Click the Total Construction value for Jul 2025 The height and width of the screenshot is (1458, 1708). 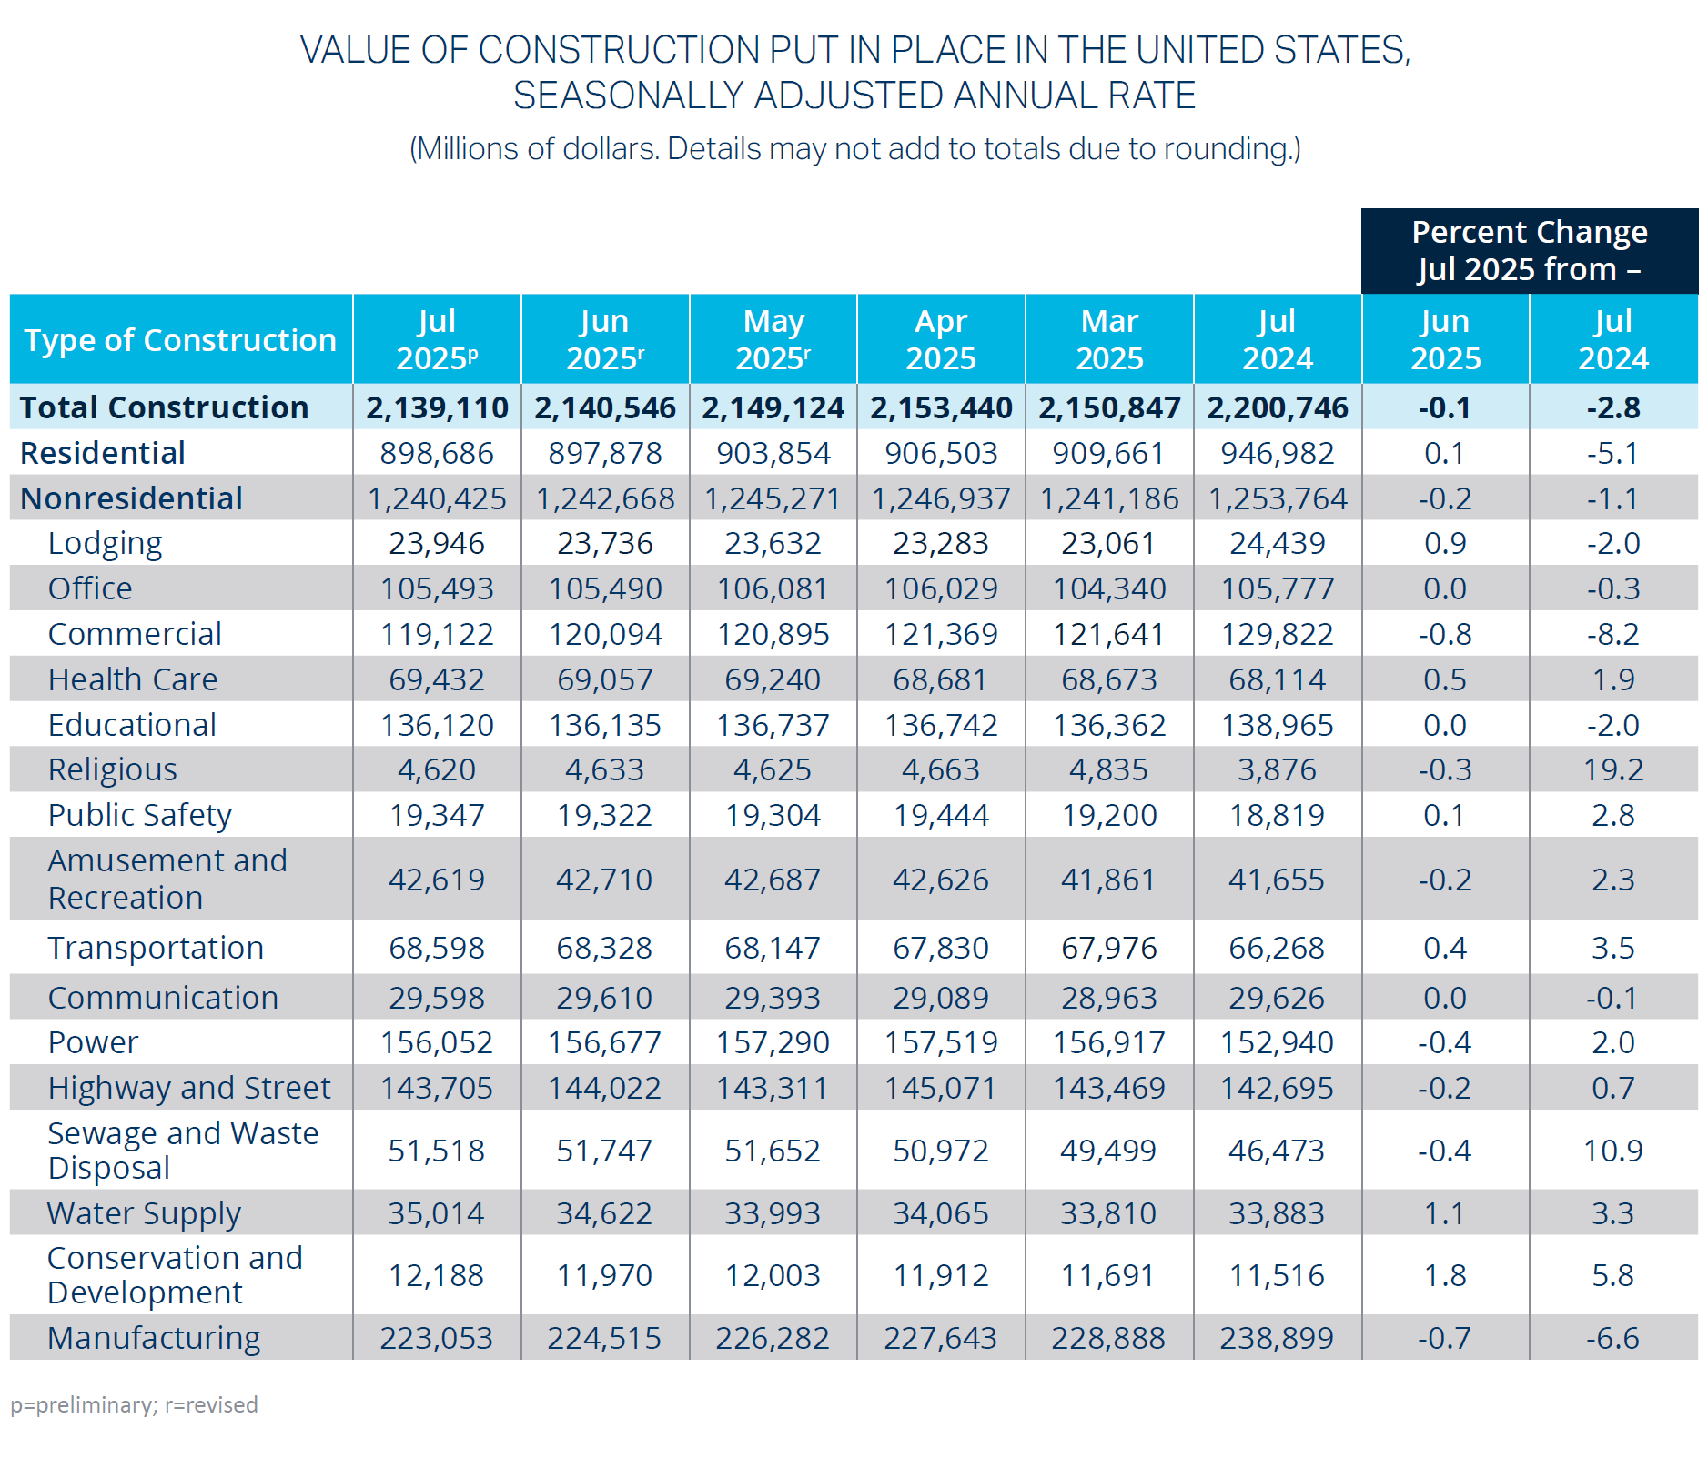click(x=437, y=407)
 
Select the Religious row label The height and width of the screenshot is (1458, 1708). click(x=112, y=769)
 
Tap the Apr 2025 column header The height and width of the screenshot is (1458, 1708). click(x=941, y=339)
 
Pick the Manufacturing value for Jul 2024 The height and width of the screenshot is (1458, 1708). click(x=1277, y=1338)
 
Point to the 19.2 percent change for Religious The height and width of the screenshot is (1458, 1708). click(x=1612, y=769)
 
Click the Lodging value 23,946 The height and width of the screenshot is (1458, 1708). click(x=437, y=543)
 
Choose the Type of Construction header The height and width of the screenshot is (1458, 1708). click(x=180, y=339)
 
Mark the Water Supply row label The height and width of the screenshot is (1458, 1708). click(x=144, y=1213)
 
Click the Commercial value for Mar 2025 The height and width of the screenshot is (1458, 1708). click(x=1108, y=634)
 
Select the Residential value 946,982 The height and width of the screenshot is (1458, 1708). click(x=1277, y=453)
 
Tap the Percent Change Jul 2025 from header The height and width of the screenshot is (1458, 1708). click(x=1529, y=250)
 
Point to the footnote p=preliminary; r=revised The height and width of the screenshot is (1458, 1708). click(x=134, y=1404)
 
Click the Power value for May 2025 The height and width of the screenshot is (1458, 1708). click(x=773, y=1042)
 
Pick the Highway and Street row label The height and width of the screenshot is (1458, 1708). click(x=188, y=1088)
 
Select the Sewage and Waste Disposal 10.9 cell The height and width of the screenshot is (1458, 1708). click(x=1612, y=1151)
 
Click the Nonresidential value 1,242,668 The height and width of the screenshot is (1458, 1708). click(x=605, y=498)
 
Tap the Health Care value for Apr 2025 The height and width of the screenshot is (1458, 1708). click(x=941, y=679)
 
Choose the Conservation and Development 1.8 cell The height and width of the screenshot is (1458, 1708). click(x=1445, y=1275)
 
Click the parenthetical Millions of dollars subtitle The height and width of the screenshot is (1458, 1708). click(x=854, y=148)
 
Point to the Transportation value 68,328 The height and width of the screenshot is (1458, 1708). click(x=605, y=948)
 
